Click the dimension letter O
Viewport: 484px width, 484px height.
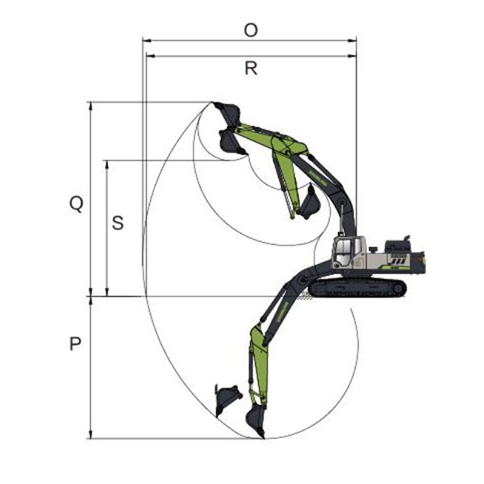[x=251, y=31]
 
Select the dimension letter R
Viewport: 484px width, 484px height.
[x=251, y=69]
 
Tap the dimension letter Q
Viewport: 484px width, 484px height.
[x=77, y=204]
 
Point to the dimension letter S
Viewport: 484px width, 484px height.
[x=118, y=223]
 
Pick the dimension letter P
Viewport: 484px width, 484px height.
[x=75, y=344]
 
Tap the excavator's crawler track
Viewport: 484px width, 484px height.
[x=357, y=288]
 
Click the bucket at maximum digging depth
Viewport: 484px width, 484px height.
[x=255, y=421]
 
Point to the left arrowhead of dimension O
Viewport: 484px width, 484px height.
[x=146, y=40]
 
